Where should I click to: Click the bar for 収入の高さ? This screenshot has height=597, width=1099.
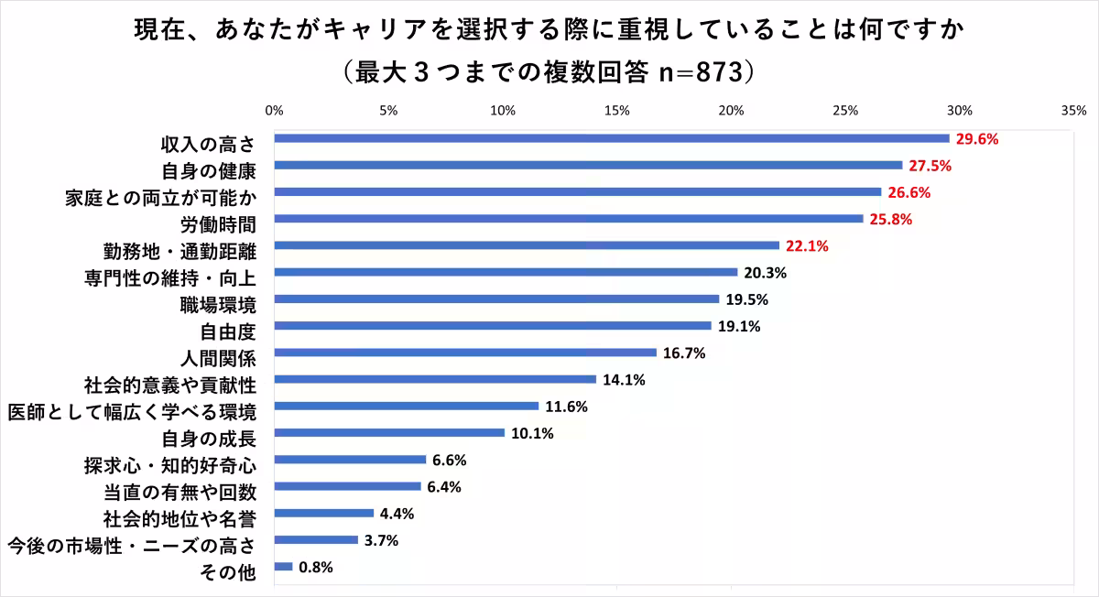click(x=612, y=138)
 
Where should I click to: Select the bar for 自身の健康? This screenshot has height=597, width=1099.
click(x=588, y=165)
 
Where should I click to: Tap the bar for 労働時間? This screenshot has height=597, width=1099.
click(x=569, y=219)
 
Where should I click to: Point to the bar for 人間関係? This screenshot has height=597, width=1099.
click(x=465, y=353)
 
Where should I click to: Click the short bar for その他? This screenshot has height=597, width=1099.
click(x=284, y=567)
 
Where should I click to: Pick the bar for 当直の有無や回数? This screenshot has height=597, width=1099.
click(x=348, y=486)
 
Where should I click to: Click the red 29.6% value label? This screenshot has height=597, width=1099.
click(x=976, y=139)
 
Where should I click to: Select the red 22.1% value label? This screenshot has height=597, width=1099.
click(x=806, y=246)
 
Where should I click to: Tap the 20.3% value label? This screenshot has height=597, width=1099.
click(x=764, y=273)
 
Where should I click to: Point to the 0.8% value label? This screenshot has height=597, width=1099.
click(x=316, y=568)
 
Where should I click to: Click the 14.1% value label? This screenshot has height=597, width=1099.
click(x=623, y=380)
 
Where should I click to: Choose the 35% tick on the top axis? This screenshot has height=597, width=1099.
click(x=1073, y=111)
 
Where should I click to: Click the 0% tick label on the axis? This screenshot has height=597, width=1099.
click(x=274, y=111)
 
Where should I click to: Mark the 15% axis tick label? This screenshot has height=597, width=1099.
click(x=616, y=111)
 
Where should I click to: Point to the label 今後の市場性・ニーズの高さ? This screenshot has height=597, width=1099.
click(x=131, y=547)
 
